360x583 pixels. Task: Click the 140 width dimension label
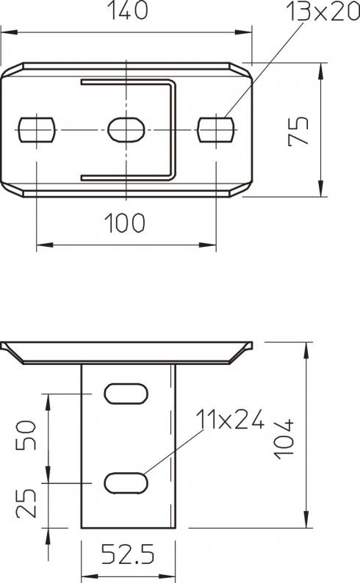click(x=128, y=10)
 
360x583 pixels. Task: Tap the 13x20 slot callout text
click(x=323, y=12)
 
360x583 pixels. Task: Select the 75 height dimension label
click(x=298, y=131)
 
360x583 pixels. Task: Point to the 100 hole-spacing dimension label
click(x=125, y=223)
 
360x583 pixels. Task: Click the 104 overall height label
click(x=284, y=439)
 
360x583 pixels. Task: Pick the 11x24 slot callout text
click(x=230, y=419)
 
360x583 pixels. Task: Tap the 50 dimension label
click(x=26, y=435)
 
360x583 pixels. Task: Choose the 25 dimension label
click(x=26, y=503)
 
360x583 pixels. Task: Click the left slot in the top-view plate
click(x=37, y=130)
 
